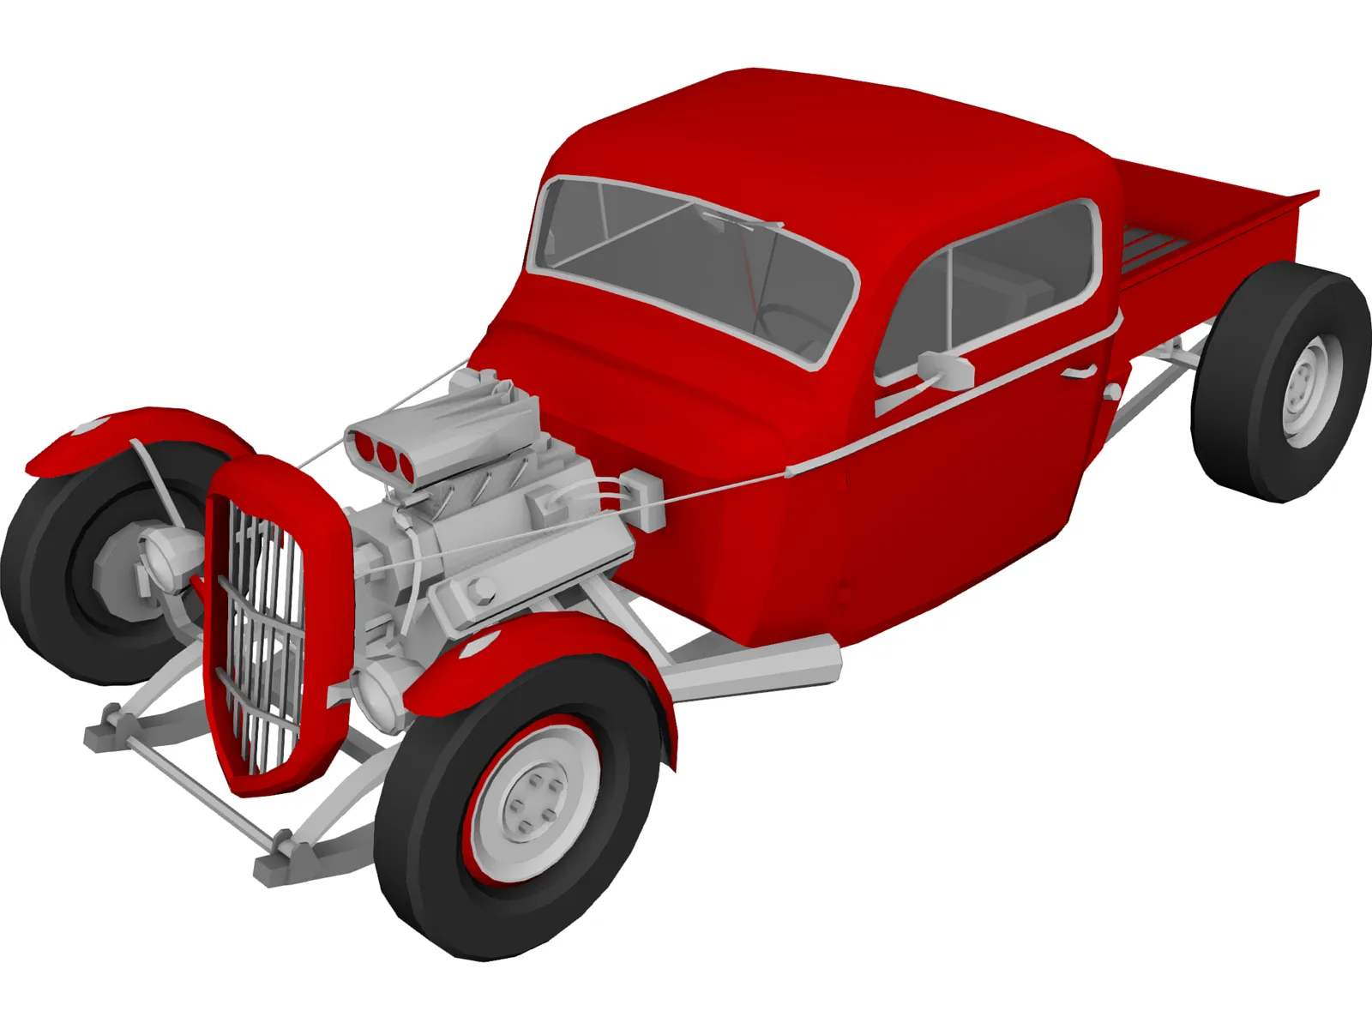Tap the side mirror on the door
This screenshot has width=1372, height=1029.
coord(947,369)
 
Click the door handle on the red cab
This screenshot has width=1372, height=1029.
coord(1079,371)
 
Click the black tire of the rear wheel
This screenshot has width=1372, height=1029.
coord(1235,386)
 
